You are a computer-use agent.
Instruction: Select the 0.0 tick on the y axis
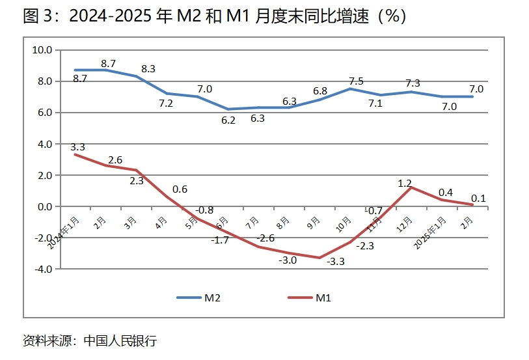coord(45,206)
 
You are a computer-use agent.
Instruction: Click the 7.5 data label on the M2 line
coord(356,81)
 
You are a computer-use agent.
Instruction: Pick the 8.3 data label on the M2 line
coord(148,68)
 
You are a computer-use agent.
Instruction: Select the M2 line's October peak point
coord(350,89)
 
